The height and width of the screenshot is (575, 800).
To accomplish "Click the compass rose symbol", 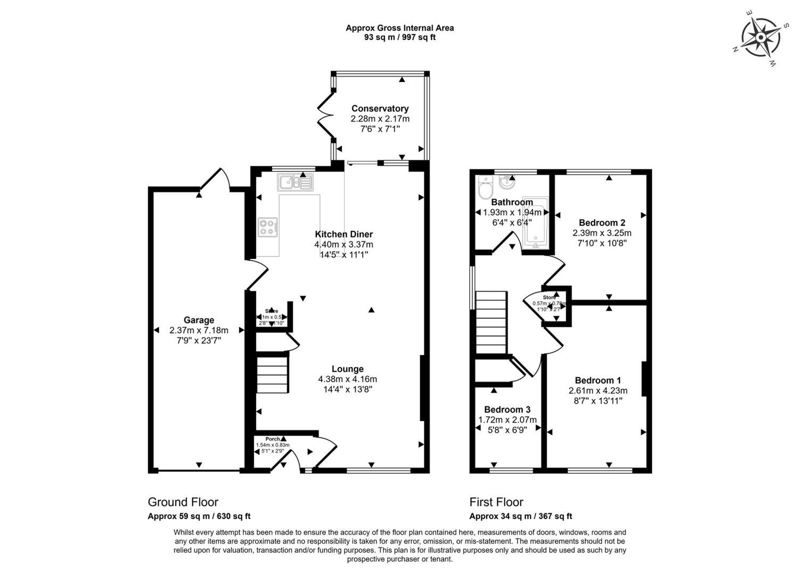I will tap(761, 38).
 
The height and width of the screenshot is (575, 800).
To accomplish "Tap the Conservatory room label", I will tap(380, 109).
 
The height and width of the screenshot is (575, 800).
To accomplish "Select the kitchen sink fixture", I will tap(295, 183).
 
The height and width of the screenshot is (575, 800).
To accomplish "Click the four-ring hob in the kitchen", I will tap(268, 227).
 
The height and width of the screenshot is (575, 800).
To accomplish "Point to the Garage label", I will tap(199, 320).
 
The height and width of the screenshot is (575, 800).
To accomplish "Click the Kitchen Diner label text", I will tap(344, 234).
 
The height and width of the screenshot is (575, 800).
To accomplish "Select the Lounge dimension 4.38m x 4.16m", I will tap(348, 379).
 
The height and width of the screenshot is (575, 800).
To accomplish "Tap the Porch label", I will tap(273, 439).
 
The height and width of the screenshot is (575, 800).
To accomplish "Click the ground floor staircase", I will tap(273, 375).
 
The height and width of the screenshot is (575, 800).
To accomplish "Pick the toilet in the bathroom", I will tap(486, 188).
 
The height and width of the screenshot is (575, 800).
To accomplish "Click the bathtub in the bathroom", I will tap(535, 226).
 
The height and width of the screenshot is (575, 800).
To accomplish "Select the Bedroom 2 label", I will tap(602, 223).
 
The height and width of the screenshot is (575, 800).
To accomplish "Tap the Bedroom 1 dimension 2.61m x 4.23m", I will tap(598, 390).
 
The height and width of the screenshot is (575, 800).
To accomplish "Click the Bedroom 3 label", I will tap(507, 409).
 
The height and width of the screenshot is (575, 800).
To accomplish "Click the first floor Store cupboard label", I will tap(549, 297).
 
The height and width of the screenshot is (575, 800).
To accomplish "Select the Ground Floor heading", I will tap(183, 502).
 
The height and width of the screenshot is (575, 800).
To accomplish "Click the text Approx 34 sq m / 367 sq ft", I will tap(521, 516).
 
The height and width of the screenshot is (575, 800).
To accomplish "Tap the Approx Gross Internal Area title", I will tap(400, 28).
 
